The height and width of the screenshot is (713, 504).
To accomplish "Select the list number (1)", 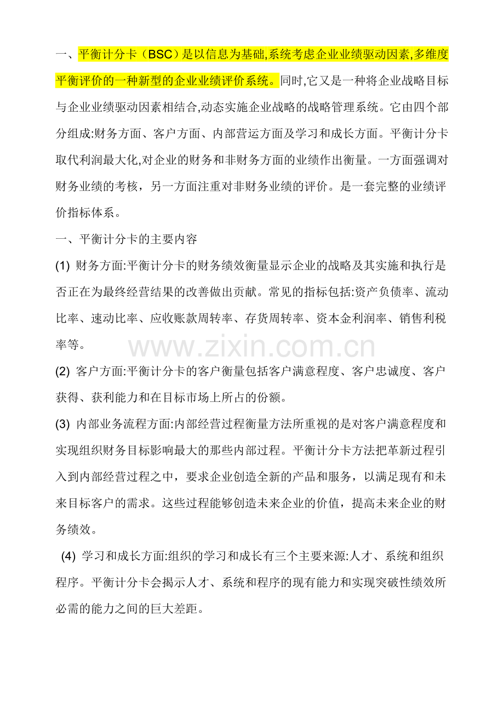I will [x=62, y=267].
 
